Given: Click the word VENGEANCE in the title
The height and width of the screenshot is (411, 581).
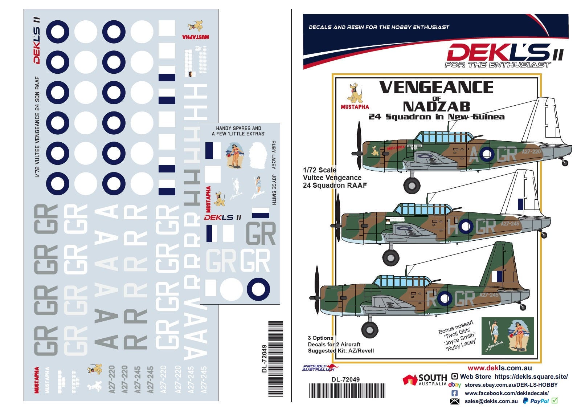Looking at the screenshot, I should point(436,88).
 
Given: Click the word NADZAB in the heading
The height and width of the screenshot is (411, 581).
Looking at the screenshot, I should point(436,106).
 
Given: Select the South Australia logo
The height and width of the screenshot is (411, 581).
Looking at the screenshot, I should point(425,380).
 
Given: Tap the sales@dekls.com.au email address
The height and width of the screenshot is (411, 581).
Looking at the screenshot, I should point(491,401).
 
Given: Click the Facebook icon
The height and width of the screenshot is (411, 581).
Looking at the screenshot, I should point(454,393).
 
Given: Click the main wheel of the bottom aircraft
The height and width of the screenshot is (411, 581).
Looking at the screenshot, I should point(370,330).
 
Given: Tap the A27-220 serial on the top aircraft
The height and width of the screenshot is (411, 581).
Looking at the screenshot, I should point(531,152).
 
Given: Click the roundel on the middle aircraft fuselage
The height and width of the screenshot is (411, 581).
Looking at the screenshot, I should point(465,227).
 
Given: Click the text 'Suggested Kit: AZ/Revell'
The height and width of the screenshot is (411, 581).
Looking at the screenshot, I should point(340,351).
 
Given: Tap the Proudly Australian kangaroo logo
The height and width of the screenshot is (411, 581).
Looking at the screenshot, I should point(319,368).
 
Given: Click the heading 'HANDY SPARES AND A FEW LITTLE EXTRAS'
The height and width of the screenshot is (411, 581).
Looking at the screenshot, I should point(238,131).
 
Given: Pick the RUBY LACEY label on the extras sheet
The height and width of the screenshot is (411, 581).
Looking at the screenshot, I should point(273,155).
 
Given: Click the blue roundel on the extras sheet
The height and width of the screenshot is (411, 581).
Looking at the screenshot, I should point(258,289).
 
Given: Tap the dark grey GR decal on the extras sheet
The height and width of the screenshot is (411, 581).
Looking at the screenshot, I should point(261,233).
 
